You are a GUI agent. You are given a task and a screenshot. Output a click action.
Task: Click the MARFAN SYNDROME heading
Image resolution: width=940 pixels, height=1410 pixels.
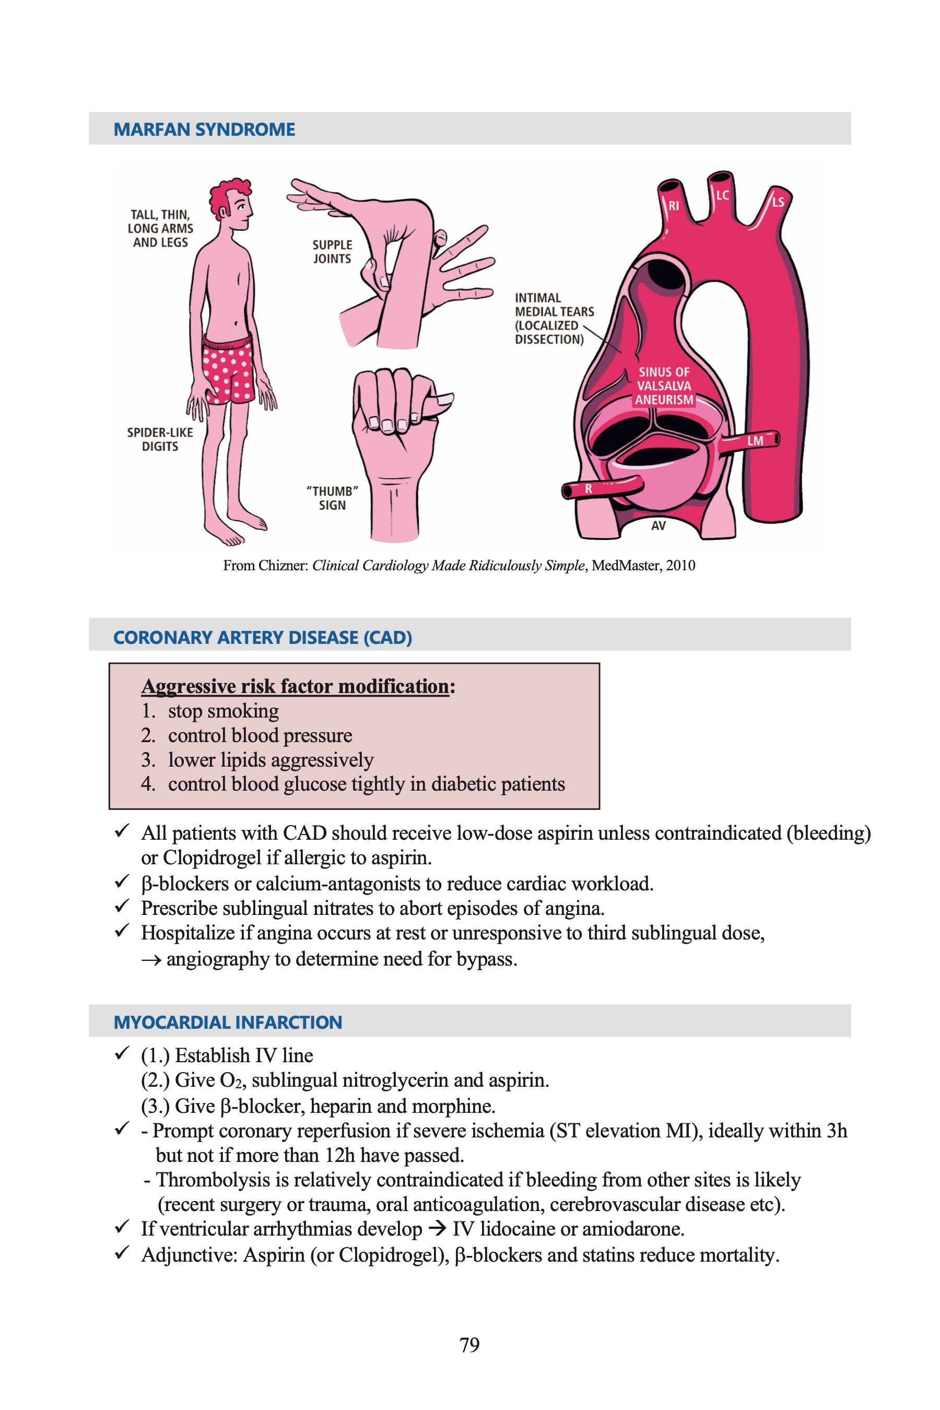click(204, 130)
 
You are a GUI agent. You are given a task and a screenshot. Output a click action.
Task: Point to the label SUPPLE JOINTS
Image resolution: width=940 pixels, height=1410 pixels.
click(332, 252)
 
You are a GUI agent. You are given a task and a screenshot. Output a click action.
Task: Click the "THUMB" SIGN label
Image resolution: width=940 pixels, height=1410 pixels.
click(332, 498)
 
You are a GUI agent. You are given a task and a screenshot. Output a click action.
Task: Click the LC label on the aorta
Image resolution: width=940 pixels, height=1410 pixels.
click(722, 195)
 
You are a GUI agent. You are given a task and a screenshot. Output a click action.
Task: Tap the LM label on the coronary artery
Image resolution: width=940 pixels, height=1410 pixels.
click(755, 441)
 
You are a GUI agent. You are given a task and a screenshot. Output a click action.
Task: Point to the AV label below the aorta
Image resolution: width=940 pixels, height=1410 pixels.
click(658, 526)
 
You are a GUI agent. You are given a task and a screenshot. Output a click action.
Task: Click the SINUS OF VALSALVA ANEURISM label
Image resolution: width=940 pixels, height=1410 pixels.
click(664, 386)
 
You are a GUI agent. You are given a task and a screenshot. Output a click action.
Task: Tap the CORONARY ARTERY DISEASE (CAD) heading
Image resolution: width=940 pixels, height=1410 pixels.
click(263, 638)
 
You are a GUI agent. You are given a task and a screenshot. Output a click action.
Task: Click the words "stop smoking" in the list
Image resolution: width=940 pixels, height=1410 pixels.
click(223, 712)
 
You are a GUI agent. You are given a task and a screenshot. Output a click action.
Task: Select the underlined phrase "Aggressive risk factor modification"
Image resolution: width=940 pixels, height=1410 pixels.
click(295, 686)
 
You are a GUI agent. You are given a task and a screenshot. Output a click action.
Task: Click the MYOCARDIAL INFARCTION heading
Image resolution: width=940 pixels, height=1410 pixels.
click(228, 1022)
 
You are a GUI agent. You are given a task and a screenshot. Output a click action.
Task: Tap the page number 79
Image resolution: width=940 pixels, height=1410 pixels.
click(469, 1345)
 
